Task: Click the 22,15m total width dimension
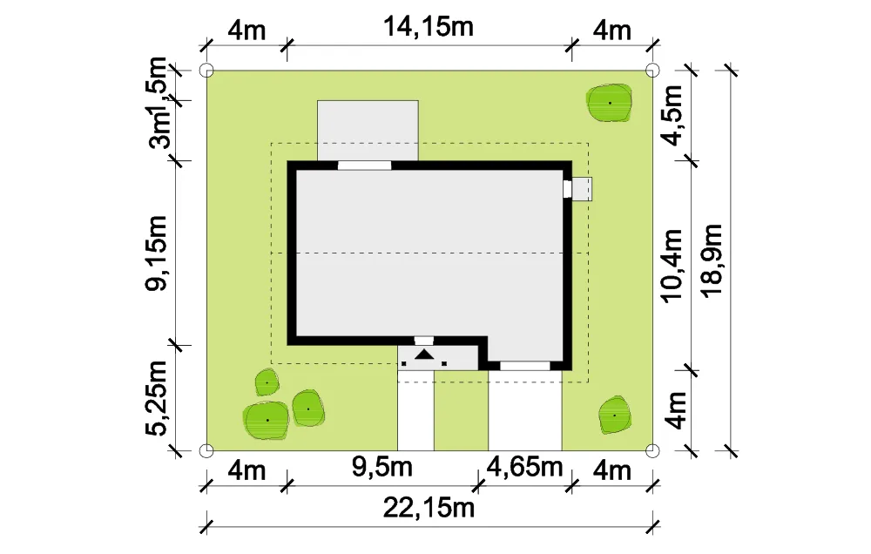(429, 508)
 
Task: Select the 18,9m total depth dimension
(712, 260)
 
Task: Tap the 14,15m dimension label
(429, 27)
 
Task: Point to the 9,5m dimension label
(382, 467)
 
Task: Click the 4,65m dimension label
(525, 467)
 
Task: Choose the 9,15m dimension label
(156, 253)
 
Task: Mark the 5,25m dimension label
(156, 398)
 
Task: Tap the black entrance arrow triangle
(424, 354)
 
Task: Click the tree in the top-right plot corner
(610, 103)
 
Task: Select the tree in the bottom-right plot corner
(614, 415)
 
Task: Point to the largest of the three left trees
(267, 420)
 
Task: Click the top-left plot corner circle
(206, 71)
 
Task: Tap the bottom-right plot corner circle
(652, 450)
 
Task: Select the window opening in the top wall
(364, 165)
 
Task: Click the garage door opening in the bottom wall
(525, 366)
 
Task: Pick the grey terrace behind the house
(368, 131)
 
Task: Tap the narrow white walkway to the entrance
(415, 410)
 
